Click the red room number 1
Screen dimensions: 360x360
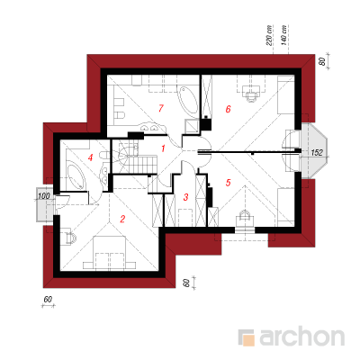(x=163, y=148)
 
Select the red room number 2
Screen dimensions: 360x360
(x=122, y=219)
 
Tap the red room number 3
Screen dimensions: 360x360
(x=185, y=197)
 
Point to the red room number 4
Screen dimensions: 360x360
(x=90, y=157)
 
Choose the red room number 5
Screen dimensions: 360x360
(x=228, y=182)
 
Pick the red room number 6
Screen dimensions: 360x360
(x=228, y=109)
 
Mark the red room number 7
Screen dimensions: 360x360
(x=161, y=108)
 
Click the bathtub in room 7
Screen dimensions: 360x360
(x=188, y=100)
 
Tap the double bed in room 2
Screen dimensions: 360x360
(x=109, y=252)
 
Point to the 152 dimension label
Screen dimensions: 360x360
(x=317, y=153)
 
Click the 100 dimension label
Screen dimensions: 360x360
(x=44, y=196)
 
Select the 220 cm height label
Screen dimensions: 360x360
(x=269, y=35)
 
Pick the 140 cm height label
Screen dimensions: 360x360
(x=284, y=35)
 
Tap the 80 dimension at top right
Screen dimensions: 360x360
(x=322, y=62)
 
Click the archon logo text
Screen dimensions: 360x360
(x=301, y=337)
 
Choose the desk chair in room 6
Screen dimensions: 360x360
(x=252, y=96)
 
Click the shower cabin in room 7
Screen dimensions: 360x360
(x=192, y=126)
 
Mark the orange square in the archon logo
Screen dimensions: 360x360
(x=248, y=340)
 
